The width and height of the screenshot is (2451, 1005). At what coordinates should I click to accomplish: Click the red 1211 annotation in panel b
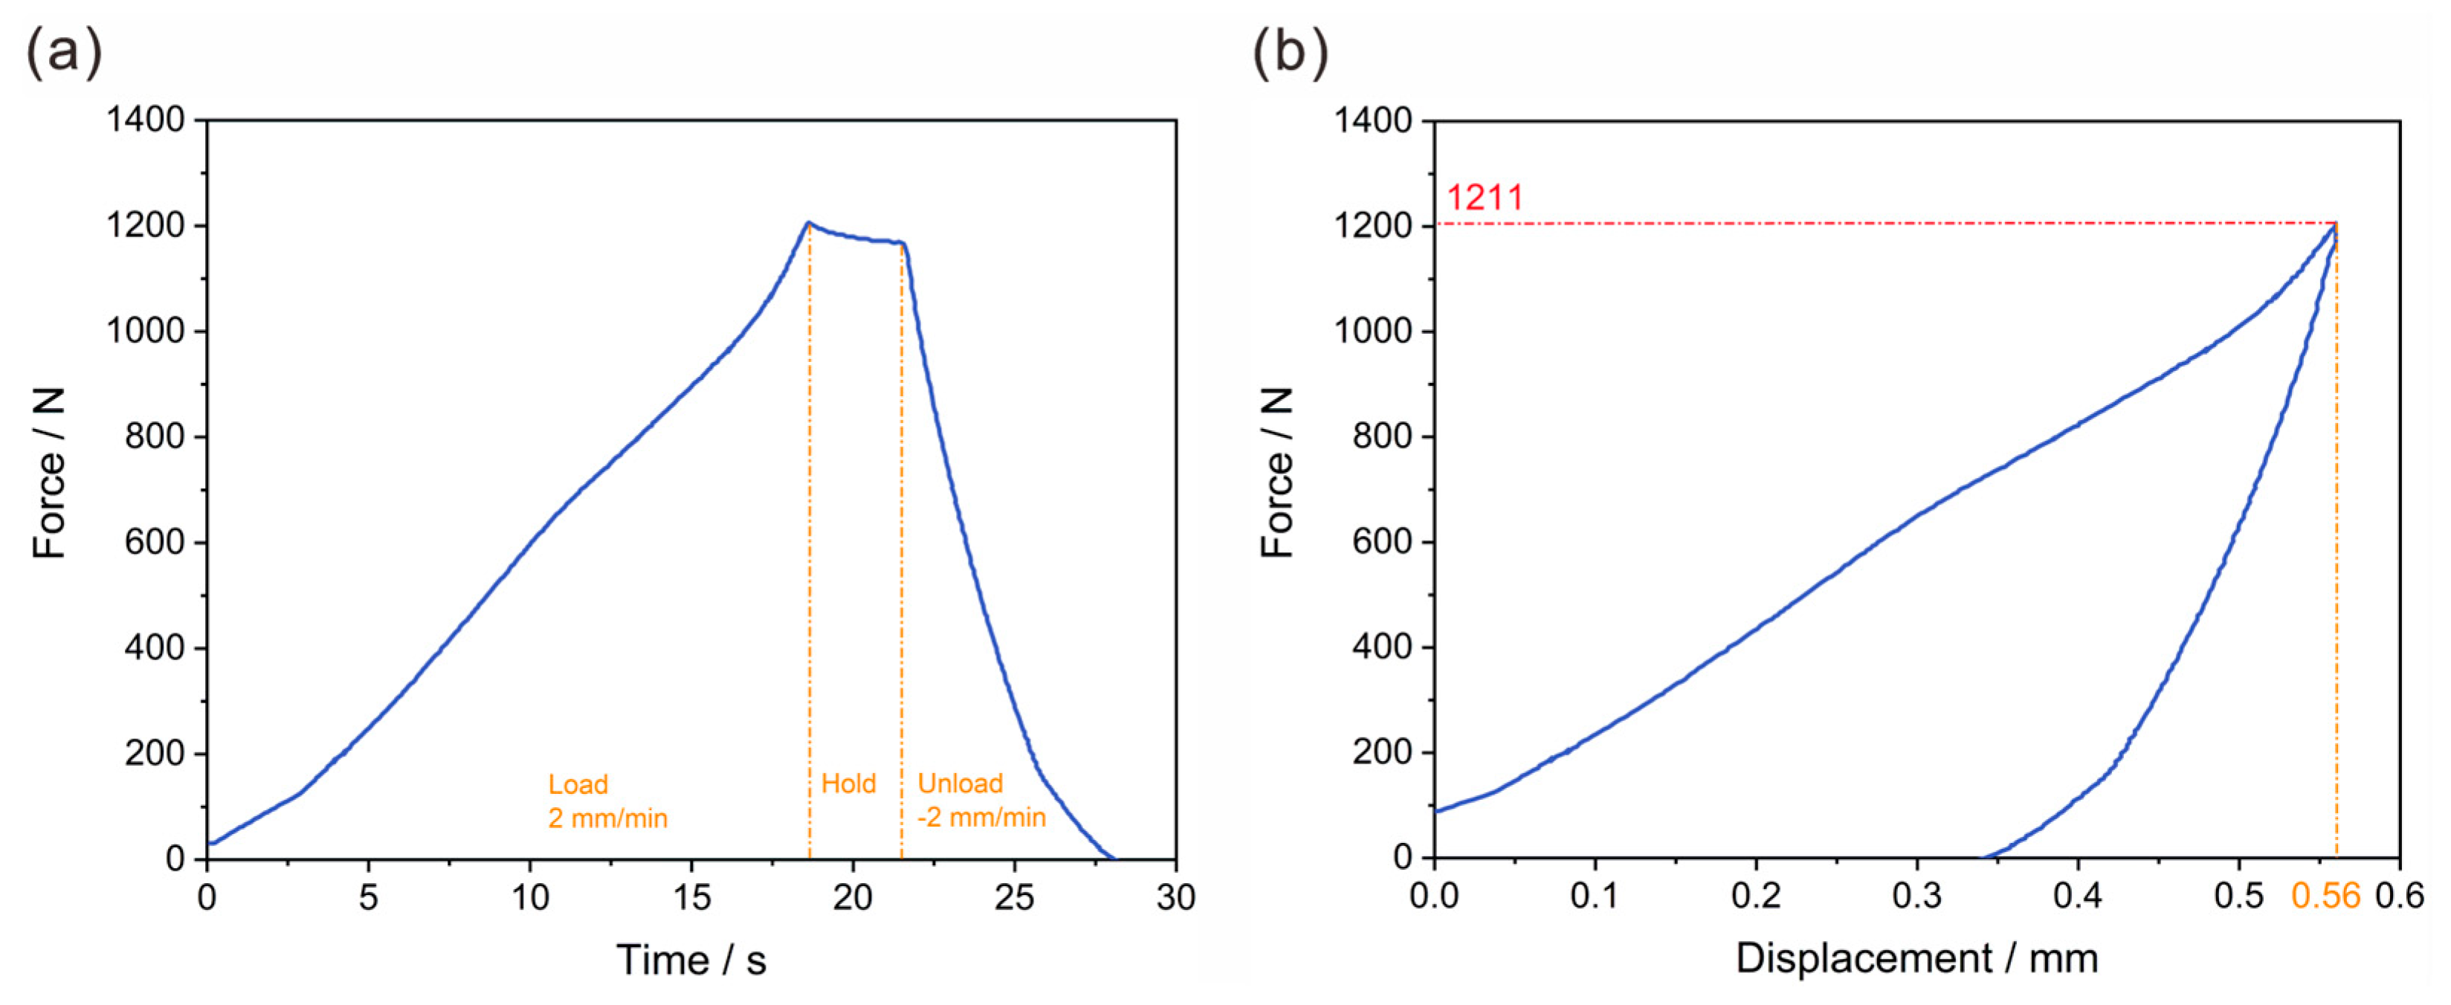tap(1485, 198)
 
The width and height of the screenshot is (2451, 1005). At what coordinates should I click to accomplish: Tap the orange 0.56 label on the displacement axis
tap(2325, 896)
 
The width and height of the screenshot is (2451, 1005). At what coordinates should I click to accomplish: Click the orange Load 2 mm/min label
tap(607, 801)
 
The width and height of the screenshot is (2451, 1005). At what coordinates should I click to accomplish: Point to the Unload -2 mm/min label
tap(980, 801)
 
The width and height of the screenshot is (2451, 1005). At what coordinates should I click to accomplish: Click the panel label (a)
tap(62, 51)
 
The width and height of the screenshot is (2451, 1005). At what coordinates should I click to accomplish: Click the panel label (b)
tap(1289, 51)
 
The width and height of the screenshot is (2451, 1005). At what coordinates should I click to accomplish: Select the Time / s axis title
tap(691, 960)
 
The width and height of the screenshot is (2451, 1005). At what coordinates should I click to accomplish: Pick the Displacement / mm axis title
tap(1916, 957)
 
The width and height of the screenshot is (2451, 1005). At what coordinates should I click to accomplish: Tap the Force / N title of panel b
tap(1277, 473)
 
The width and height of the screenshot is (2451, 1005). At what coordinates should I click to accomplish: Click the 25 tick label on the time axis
tap(1014, 896)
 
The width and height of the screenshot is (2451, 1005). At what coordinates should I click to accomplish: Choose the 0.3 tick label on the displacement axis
tap(1916, 896)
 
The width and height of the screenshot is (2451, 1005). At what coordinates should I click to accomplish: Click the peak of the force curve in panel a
tap(809, 223)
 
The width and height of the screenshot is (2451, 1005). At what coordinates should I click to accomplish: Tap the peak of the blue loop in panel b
tap(2335, 224)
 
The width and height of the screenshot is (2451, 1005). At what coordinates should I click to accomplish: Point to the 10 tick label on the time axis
tap(530, 896)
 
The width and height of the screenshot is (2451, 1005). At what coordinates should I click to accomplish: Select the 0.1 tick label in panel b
tap(1594, 896)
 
